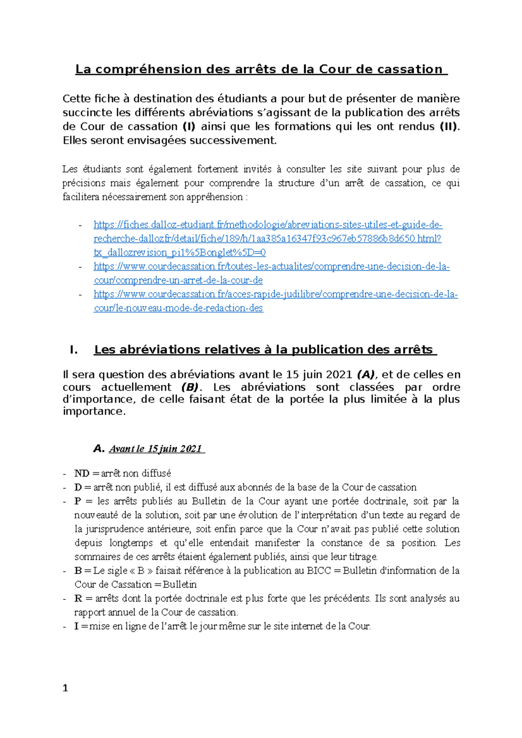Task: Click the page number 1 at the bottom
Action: click(x=65, y=688)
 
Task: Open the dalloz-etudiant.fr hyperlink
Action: click(x=268, y=225)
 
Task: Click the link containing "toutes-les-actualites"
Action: click(x=271, y=266)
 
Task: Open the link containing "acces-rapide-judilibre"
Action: click(x=275, y=294)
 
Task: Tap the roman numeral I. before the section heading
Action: click(x=74, y=350)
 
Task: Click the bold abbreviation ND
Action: click(x=81, y=473)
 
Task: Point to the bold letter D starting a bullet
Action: click(x=78, y=487)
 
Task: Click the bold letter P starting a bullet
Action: click(x=78, y=501)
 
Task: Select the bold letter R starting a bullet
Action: click(x=78, y=598)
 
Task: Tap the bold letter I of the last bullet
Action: click(x=77, y=626)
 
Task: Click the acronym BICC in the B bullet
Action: click(x=319, y=571)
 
